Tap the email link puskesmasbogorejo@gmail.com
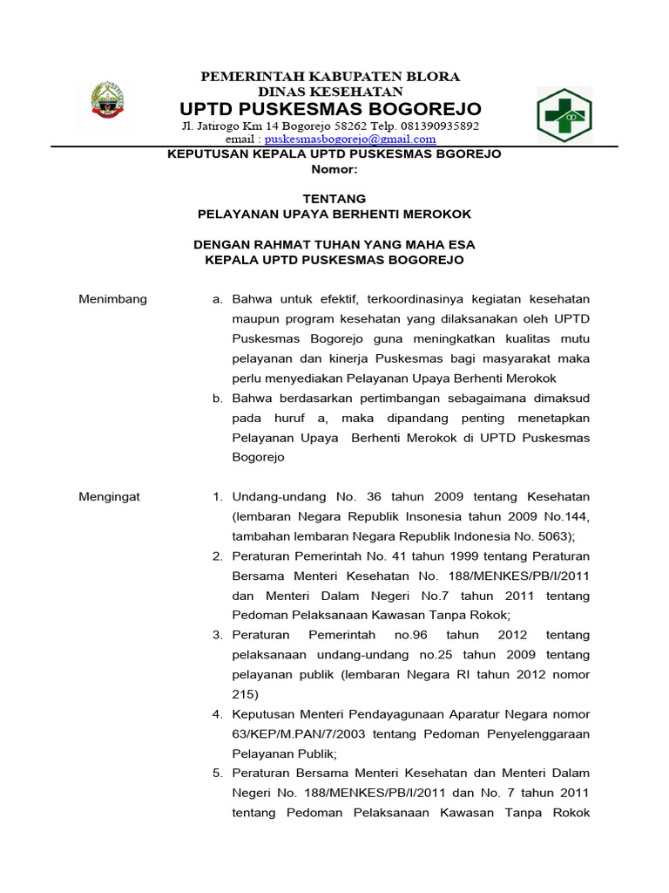click(x=350, y=139)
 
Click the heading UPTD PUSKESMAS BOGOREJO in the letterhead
click(x=330, y=109)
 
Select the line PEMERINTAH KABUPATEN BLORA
click(x=330, y=76)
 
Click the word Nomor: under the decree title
click(x=334, y=169)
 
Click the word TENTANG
click(x=334, y=199)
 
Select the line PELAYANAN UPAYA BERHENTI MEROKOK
click(x=334, y=214)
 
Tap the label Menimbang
click(x=113, y=299)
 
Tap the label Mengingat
click(x=110, y=496)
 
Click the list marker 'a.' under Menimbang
click(x=219, y=299)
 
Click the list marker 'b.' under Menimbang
click(x=219, y=398)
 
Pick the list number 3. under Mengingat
click(x=219, y=635)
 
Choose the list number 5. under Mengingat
click(x=219, y=773)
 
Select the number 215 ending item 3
click(x=245, y=694)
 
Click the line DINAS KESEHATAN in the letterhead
click(x=330, y=91)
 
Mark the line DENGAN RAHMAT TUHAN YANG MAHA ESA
click(x=334, y=244)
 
